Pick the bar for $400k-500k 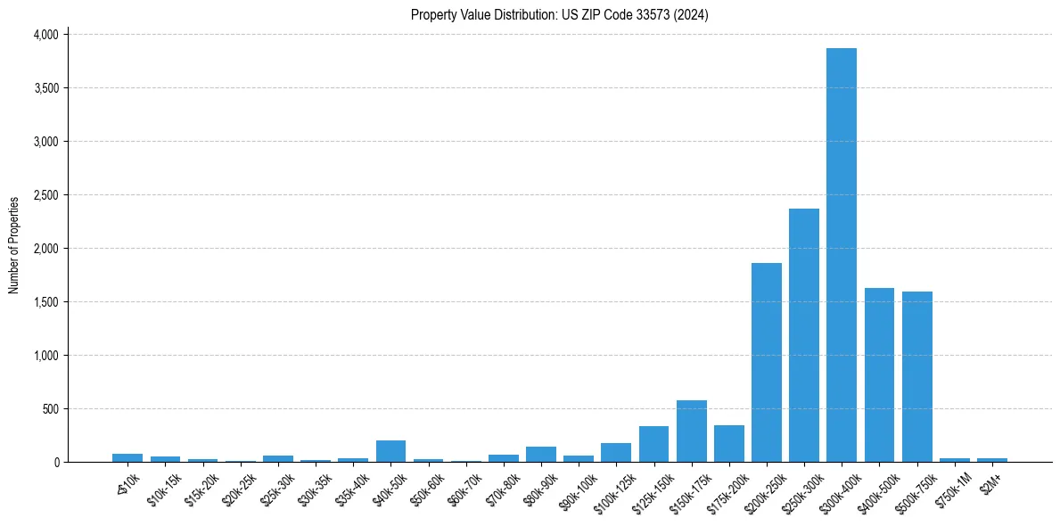(879, 374)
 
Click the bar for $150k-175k (691, 431)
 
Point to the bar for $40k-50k (390, 451)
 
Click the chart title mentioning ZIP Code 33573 (559, 14)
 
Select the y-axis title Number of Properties (14, 245)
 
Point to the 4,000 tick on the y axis (45, 35)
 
